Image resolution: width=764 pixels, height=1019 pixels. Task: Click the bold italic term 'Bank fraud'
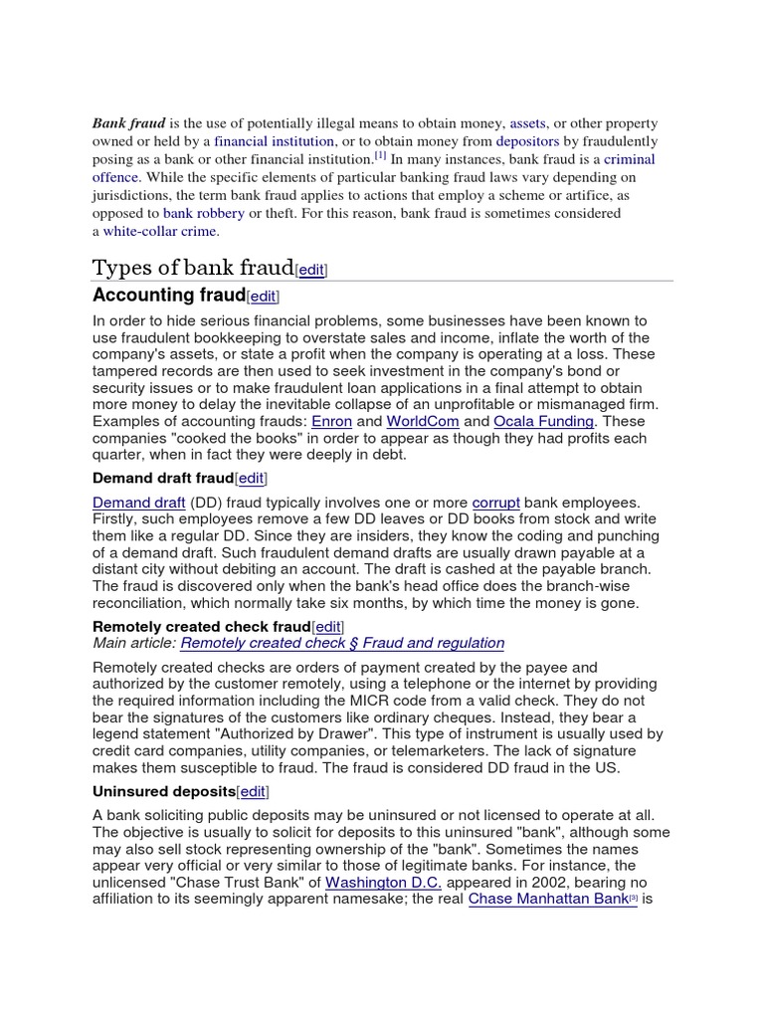128,123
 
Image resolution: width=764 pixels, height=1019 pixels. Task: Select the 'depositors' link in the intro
527,141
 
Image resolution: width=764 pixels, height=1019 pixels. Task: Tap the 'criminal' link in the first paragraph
629,159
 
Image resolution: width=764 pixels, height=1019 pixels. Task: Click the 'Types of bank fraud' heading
193,268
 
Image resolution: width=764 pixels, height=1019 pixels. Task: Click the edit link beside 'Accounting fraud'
264,297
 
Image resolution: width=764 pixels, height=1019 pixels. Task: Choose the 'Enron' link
331,422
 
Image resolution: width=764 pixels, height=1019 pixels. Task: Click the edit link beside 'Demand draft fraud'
252,479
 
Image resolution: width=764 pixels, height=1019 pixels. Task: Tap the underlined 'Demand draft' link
138,503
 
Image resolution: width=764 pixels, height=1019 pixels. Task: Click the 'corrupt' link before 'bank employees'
495,503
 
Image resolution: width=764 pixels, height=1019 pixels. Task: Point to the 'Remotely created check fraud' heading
201,626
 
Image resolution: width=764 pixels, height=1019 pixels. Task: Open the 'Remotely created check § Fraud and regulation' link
342,643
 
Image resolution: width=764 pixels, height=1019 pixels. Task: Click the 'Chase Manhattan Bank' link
547,899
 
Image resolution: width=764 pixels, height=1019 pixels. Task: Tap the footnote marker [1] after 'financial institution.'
380,156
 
